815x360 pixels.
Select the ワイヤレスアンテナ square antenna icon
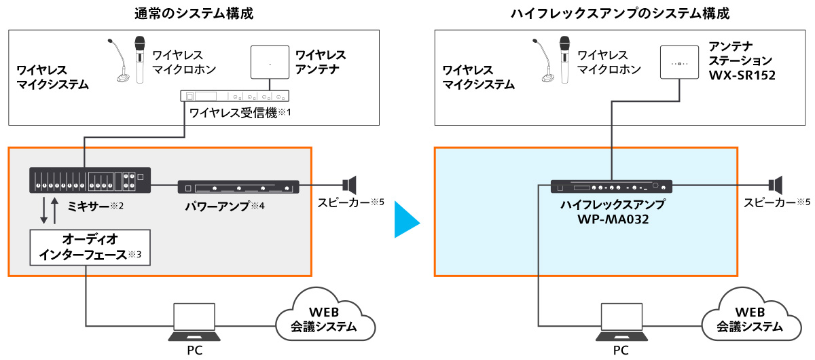tap(270, 65)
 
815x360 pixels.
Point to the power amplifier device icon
tap(238, 187)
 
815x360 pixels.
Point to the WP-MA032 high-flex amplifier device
tap(611, 186)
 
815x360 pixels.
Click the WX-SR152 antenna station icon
tap(680, 63)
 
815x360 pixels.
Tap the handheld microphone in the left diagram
tap(141, 60)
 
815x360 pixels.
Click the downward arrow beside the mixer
tap(44, 211)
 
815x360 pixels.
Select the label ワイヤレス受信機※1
tap(241, 113)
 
